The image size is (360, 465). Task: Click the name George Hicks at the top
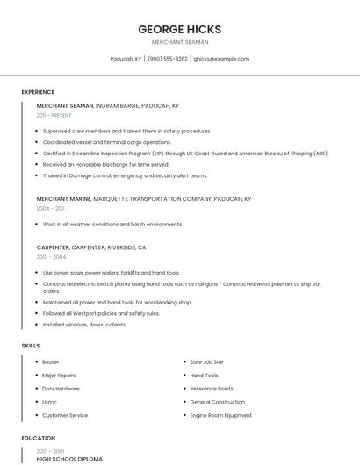point(179,29)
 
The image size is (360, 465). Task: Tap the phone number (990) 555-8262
point(168,59)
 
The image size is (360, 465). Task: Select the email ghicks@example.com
point(221,59)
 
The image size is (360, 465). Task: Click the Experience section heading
point(38,92)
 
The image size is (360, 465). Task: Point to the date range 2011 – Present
point(54,115)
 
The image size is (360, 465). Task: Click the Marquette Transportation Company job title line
point(143,199)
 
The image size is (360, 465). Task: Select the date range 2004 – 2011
point(50,209)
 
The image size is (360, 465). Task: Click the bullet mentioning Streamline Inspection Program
point(184,153)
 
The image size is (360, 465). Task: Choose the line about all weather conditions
point(112,224)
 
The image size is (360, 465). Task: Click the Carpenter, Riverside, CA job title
point(91,247)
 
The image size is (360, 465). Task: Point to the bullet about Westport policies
point(101,313)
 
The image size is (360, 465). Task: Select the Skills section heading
point(31,346)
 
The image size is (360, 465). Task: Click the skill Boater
point(51,361)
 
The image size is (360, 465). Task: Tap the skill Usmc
point(50,402)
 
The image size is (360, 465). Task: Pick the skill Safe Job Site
point(206,361)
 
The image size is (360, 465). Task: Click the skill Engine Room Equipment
point(220,415)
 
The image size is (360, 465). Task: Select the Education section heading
point(38,438)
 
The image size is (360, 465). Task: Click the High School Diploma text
point(69,459)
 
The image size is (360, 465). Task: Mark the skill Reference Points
point(212,389)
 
